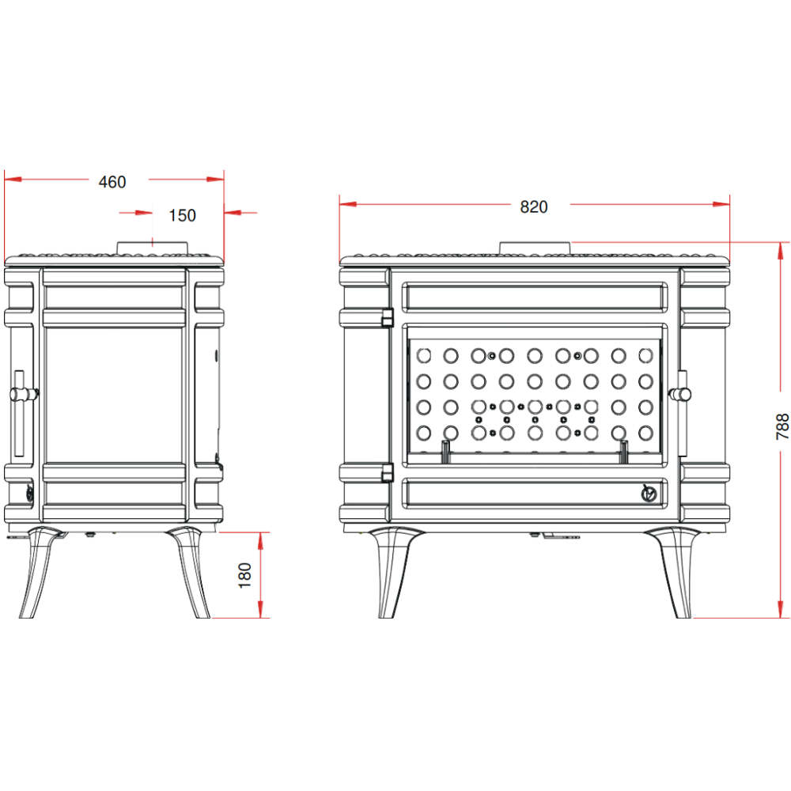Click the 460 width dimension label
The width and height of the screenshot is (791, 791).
coord(112,182)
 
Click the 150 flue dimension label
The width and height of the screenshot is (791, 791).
coord(182,215)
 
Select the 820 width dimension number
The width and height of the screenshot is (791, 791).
coord(534,206)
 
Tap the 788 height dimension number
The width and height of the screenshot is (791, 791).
coord(782,427)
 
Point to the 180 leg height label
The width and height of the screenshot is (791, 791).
coord(244,575)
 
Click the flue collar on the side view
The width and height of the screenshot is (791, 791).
coord(153,248)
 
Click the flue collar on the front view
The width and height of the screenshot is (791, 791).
coord(535,248)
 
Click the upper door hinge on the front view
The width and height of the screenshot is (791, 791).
coord(388,318)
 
